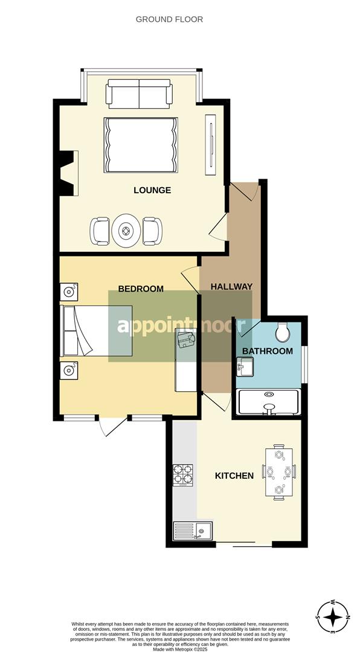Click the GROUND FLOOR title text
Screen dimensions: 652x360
click(169, 19)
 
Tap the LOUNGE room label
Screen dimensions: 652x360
click(152, 190)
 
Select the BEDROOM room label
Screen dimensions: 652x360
click(140, 289)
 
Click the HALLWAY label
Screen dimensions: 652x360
click(231, 286)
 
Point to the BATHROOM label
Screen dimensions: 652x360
click(267, 351)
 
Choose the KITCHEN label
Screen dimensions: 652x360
click(234, 476)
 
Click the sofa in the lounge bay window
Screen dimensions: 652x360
click(140, 94)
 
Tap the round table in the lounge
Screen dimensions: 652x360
click(126, 230)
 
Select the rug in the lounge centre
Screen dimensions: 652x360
click(141, 145)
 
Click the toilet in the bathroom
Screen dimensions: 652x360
click(282, 331)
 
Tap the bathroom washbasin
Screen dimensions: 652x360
click(246, 366)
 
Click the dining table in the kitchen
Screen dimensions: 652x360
click(278, 472)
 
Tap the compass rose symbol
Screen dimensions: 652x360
click(333, 617)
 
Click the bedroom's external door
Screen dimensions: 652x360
click(113, 426)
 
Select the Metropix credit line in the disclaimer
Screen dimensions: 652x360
click(180, 648)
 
